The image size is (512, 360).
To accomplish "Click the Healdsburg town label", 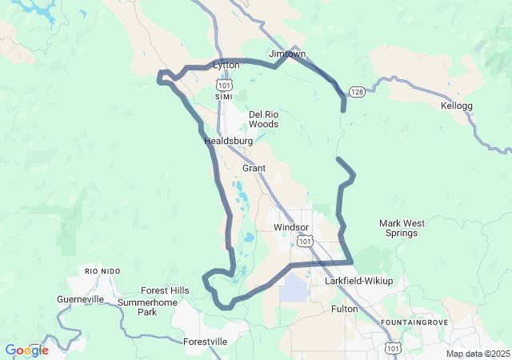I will coord(228,141).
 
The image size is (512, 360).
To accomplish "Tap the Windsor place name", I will coord(290,227).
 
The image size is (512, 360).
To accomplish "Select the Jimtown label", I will coord(287,54).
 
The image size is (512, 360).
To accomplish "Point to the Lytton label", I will coord(226,65).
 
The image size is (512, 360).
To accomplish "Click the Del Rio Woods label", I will coord(263,119).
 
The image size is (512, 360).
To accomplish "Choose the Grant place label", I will coord(254,168).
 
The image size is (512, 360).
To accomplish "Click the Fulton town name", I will coord(344,308).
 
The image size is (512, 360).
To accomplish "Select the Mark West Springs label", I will coord(398,228).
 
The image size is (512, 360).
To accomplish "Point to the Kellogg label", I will coord(458,106).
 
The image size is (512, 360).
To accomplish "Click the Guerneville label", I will coord(81,299).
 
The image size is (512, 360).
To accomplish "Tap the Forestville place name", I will coord(206,342).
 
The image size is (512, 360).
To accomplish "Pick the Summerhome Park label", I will coord(148,307).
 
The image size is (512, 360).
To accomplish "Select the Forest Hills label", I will coord(165,290).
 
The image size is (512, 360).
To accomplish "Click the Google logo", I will coord(26,350).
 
